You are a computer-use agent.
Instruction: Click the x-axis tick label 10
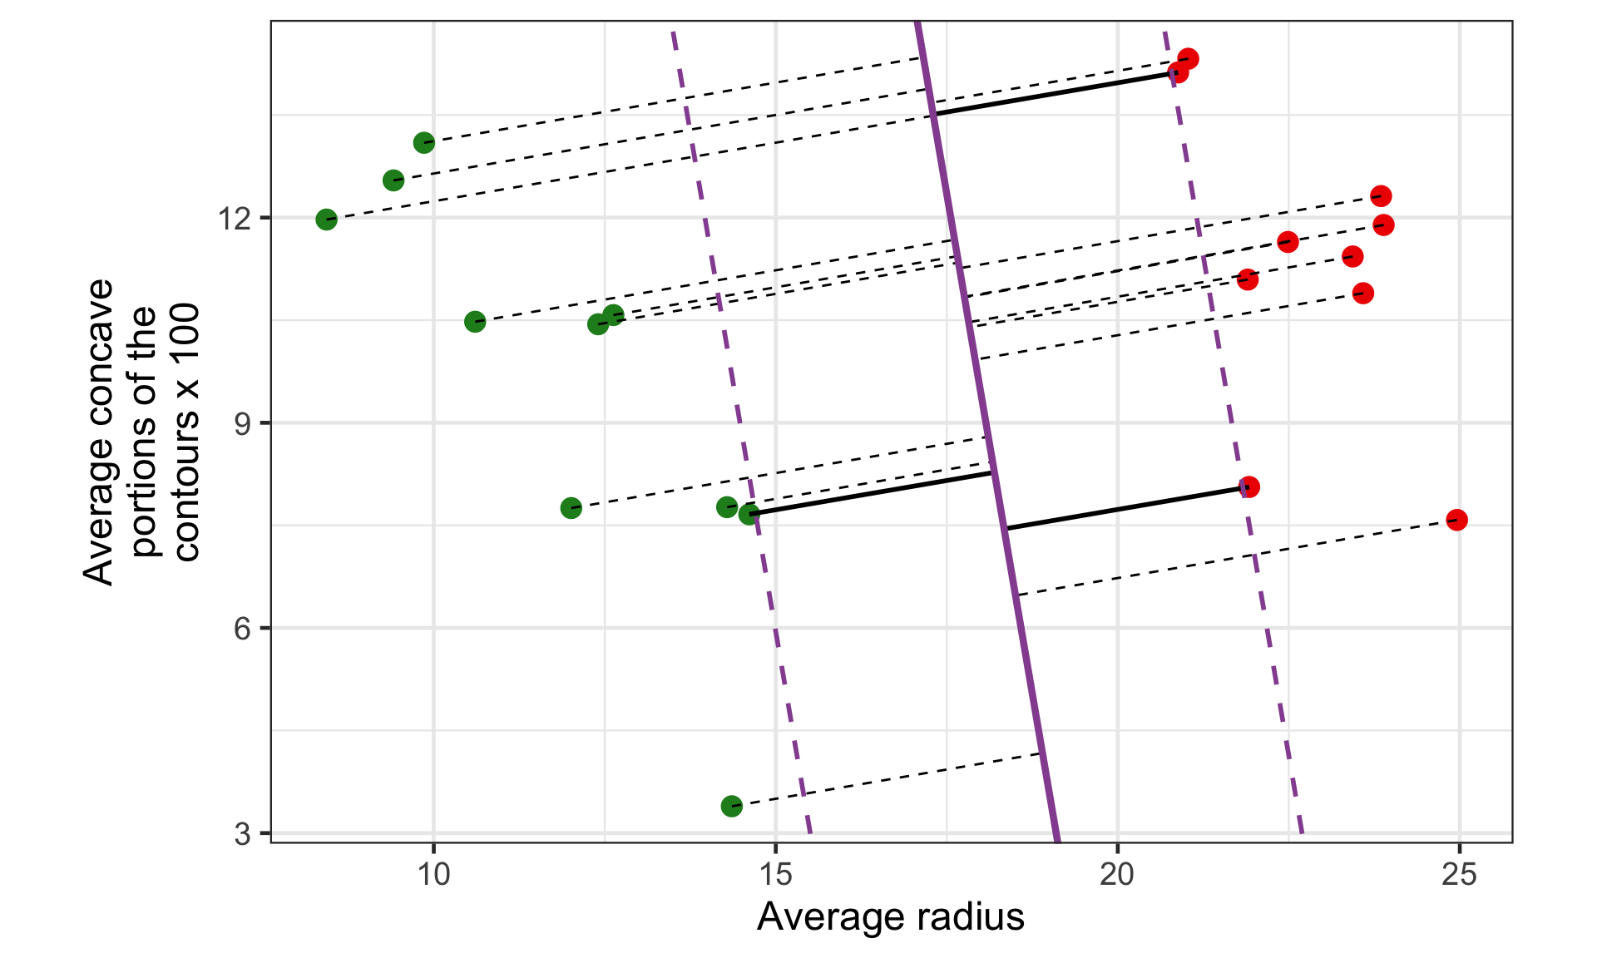(433, 875)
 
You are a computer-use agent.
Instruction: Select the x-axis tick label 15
(775, 875)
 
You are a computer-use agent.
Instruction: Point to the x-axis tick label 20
(1117, 875)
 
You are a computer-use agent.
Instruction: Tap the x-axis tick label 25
(1459, 875)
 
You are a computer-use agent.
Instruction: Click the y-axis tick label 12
(234, 219)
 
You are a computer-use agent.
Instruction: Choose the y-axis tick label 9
(242, 423)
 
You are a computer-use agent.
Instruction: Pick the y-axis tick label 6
(242, 628)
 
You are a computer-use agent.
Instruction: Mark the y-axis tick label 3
(242, 832)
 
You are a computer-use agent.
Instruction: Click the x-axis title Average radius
(890, 917)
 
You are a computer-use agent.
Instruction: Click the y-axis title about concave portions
(141, 432)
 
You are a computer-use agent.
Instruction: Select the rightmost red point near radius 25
(1456, 520)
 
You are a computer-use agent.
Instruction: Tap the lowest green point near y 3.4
(731, 805)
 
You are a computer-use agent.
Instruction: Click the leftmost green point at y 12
(326, 220)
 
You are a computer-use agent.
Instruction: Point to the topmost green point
(423, 142)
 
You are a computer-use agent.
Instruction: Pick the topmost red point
(1188, 58)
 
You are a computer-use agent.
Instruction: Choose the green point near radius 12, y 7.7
(571, 507)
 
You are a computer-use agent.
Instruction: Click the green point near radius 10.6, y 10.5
(475, 321)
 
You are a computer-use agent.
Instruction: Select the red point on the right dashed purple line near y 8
(1248, 486)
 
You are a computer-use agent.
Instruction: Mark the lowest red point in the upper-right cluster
(1362, 293)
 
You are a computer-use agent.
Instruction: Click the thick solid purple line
(986, 432)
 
